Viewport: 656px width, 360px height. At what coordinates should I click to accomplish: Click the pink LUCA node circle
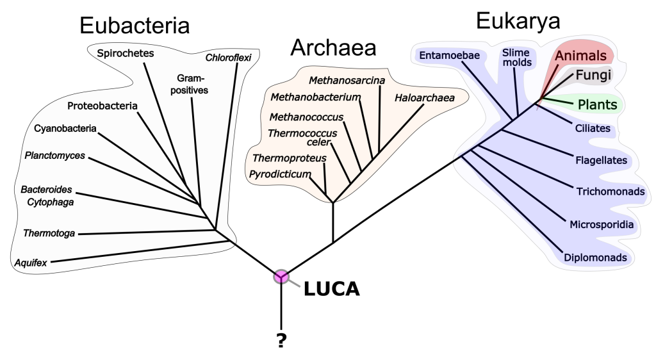click(x=281, y=277)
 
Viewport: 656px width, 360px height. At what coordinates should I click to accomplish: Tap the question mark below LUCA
click(x=281, y=341)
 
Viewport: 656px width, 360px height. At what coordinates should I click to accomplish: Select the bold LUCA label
click(x=331, y=289)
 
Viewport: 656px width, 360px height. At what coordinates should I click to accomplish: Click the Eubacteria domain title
click(x=135, y=26)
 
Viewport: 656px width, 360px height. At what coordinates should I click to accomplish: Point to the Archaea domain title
click(x=333, y=47)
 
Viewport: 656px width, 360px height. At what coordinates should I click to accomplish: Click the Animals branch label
click(x=580, y=56)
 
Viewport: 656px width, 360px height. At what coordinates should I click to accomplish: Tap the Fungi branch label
click(x=593, y=75)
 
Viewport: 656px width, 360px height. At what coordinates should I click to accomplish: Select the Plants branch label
click(x=597, y=104)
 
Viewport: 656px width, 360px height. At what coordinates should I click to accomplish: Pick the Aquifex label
click(x=31, y=262)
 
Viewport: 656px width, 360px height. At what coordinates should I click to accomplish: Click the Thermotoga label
click(x=49, y=233)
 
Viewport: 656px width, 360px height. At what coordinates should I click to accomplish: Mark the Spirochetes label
click(x=126, y=53)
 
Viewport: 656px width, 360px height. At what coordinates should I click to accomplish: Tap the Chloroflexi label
click(x=229, y=58)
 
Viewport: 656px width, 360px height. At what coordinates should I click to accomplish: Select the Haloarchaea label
click(x=424, y=98)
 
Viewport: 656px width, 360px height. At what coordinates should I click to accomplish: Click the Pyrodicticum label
click(x=281, y=174)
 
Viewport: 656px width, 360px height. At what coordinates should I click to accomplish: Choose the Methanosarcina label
click(x=347, y=80)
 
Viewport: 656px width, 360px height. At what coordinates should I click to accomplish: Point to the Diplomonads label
click(x=595, y=258)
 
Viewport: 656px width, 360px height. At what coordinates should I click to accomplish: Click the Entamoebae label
click(x=450, y=55)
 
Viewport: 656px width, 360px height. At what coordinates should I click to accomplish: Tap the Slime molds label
click(x=516, y=57)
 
